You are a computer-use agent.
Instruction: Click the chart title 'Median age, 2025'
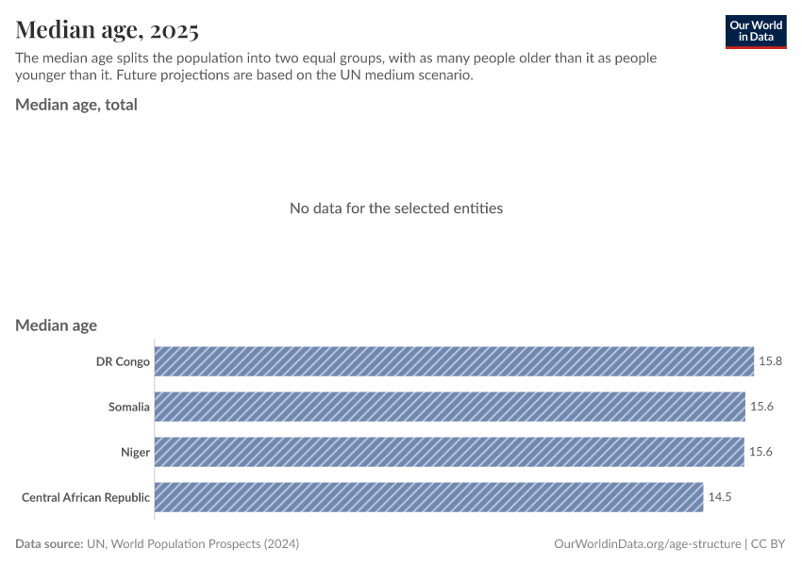107,30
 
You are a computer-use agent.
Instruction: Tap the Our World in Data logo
755,31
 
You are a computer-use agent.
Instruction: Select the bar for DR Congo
454,361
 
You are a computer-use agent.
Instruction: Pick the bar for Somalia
449,407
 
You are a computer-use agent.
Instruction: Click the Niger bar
449,452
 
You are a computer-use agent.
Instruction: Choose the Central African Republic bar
428,497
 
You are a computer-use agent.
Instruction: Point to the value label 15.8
770,361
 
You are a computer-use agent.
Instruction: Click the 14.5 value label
720,497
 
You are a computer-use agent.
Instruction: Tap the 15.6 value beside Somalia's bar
761,407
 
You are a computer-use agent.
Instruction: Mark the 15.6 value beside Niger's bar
760,452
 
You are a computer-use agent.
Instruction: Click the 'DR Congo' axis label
123,361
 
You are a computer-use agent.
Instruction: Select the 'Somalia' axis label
129,407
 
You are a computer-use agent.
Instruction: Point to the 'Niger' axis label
135,452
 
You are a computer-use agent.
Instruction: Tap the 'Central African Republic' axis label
86,497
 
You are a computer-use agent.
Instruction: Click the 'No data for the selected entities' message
396,208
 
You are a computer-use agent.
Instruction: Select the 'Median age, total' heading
76,105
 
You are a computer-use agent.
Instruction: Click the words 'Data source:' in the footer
49,544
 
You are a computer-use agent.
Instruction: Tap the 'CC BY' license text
768,544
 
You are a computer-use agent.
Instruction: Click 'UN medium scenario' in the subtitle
407,75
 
